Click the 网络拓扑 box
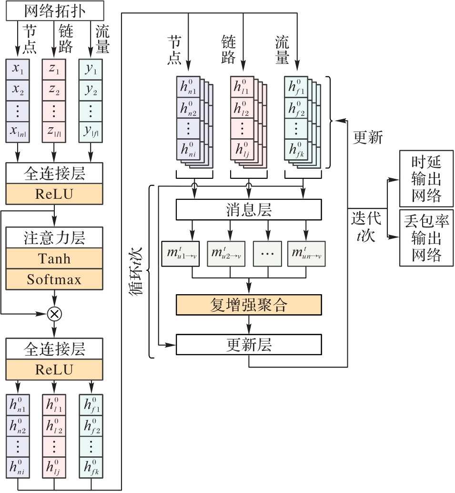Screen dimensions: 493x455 54,10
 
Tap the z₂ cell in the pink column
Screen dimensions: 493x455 54,90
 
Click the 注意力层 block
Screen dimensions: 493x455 54,237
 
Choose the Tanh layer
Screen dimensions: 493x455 54,258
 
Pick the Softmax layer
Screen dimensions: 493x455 54,279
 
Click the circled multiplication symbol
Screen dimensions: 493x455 54,313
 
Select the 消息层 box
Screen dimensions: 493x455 249,208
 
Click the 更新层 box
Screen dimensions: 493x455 249,344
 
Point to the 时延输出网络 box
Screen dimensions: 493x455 426,179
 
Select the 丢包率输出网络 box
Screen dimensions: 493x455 426,237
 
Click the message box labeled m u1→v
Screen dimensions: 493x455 181,254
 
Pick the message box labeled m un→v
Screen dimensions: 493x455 306,254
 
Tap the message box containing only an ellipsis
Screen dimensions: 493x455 268,254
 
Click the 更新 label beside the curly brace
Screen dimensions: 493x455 367,137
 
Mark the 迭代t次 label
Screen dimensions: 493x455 366,226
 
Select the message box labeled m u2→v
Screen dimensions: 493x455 226,254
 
